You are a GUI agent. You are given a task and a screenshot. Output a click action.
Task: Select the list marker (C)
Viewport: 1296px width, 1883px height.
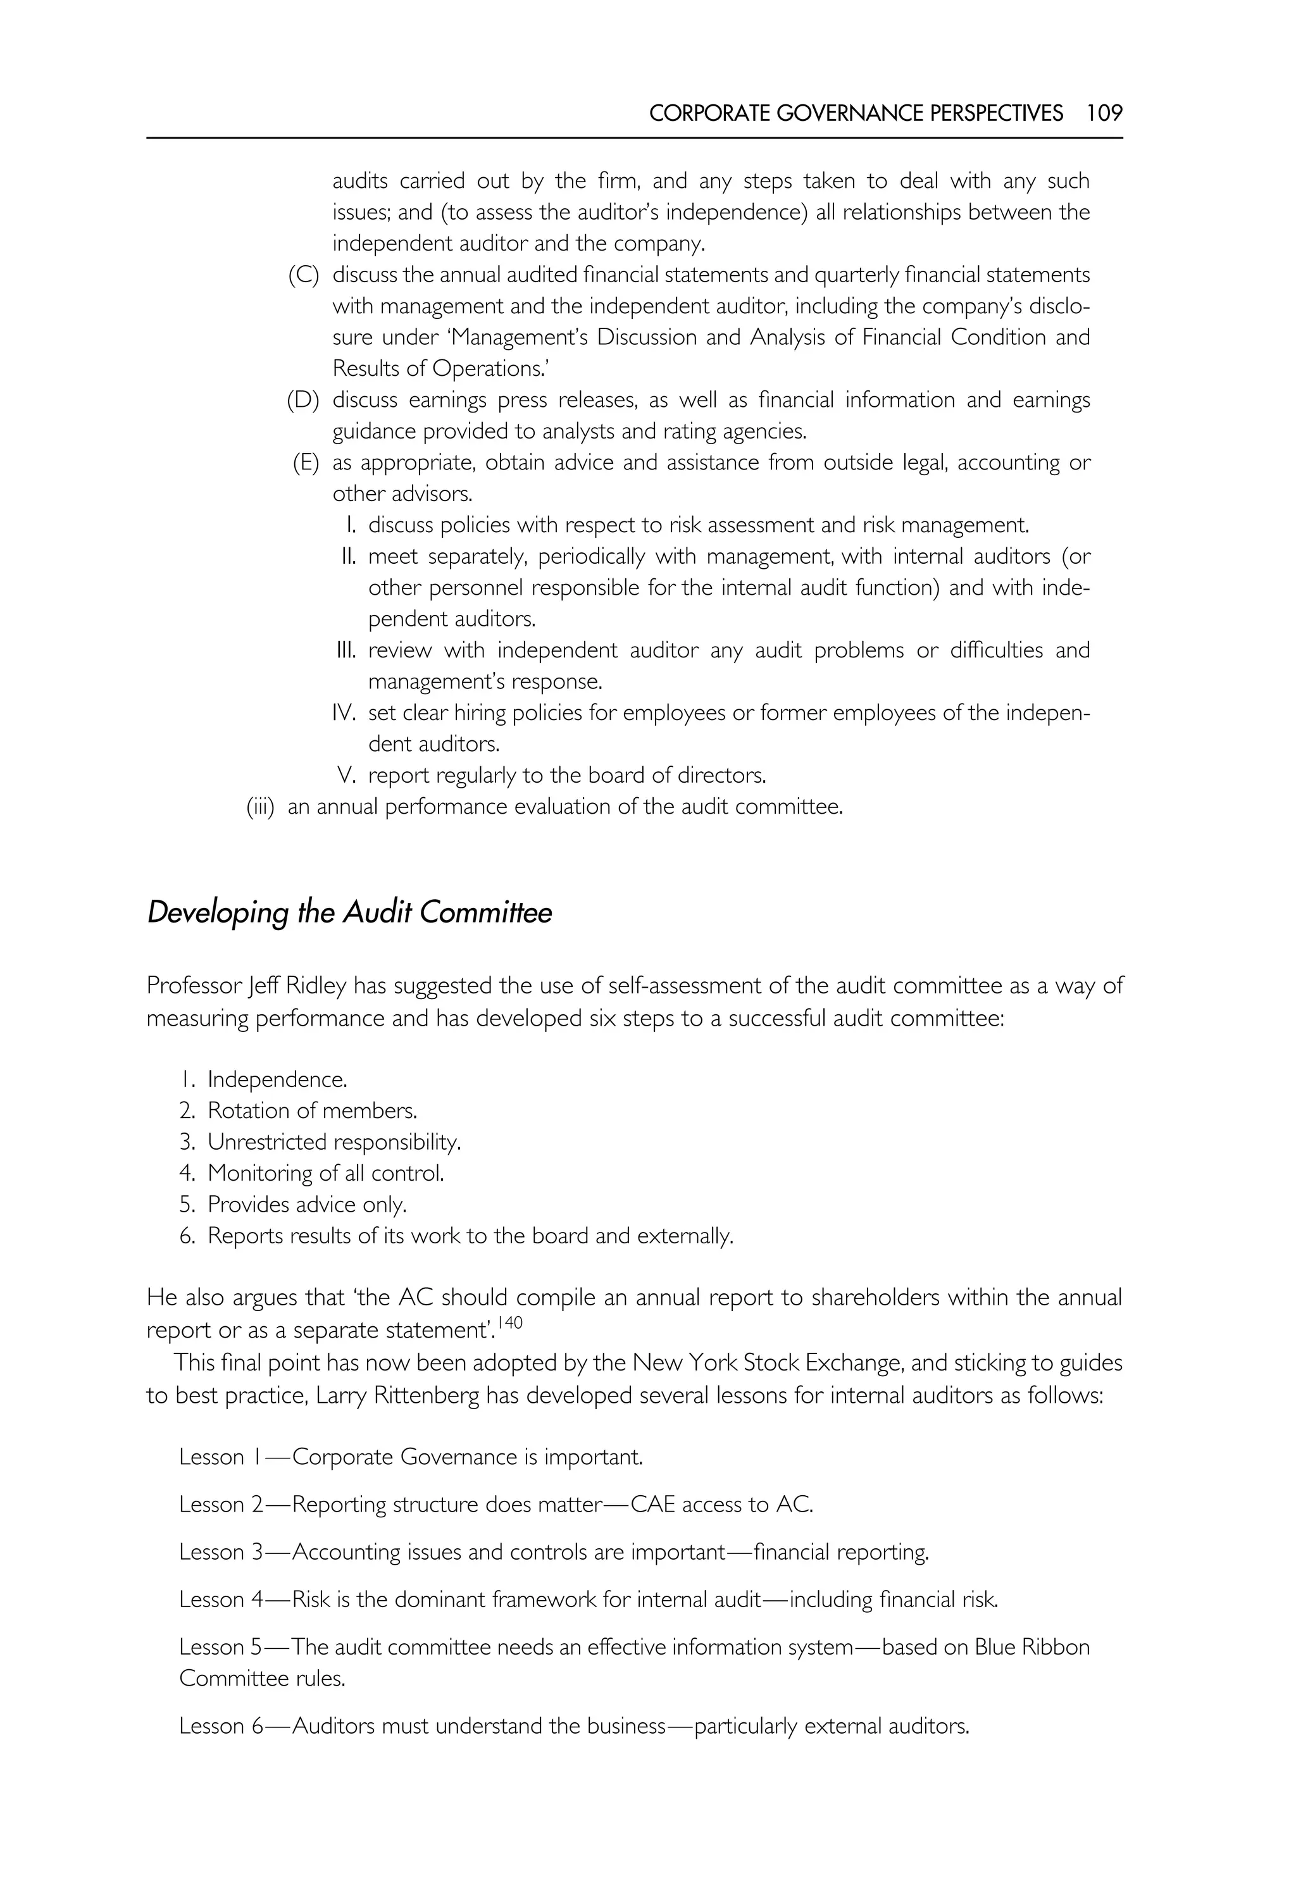pyautogui.click(x=304, y=275)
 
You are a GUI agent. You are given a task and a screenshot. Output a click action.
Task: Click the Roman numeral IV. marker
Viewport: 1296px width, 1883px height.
pyautogui.click(x=344, y=713)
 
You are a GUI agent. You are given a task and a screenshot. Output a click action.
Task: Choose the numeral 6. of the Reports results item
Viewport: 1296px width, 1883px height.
pyautogui.click(x=187, y=1236)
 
